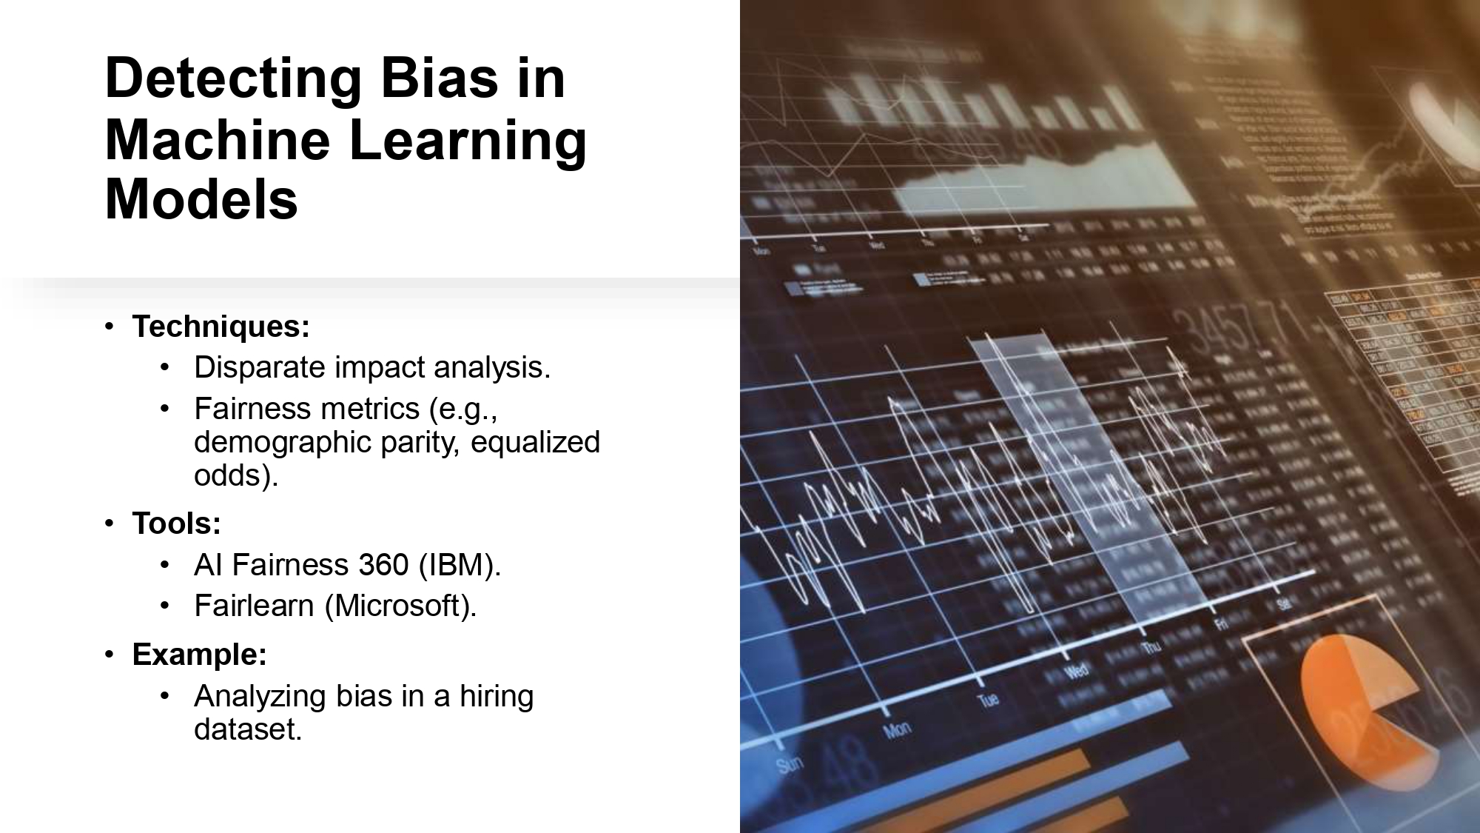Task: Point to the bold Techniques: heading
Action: coord(221,327)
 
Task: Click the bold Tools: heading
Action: coord(176,523)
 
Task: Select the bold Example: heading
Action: coord(199,655)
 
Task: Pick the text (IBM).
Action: coord(460,565)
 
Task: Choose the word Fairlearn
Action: coord(254,606)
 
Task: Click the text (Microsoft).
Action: coord(400,606)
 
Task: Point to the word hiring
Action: coord(496,696)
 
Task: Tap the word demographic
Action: coord(282,442)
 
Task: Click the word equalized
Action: coord(535,442)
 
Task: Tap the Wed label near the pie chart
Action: coord(1077,671)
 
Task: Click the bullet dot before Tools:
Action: coord(110,523)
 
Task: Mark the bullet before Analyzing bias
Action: coord(165,696)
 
